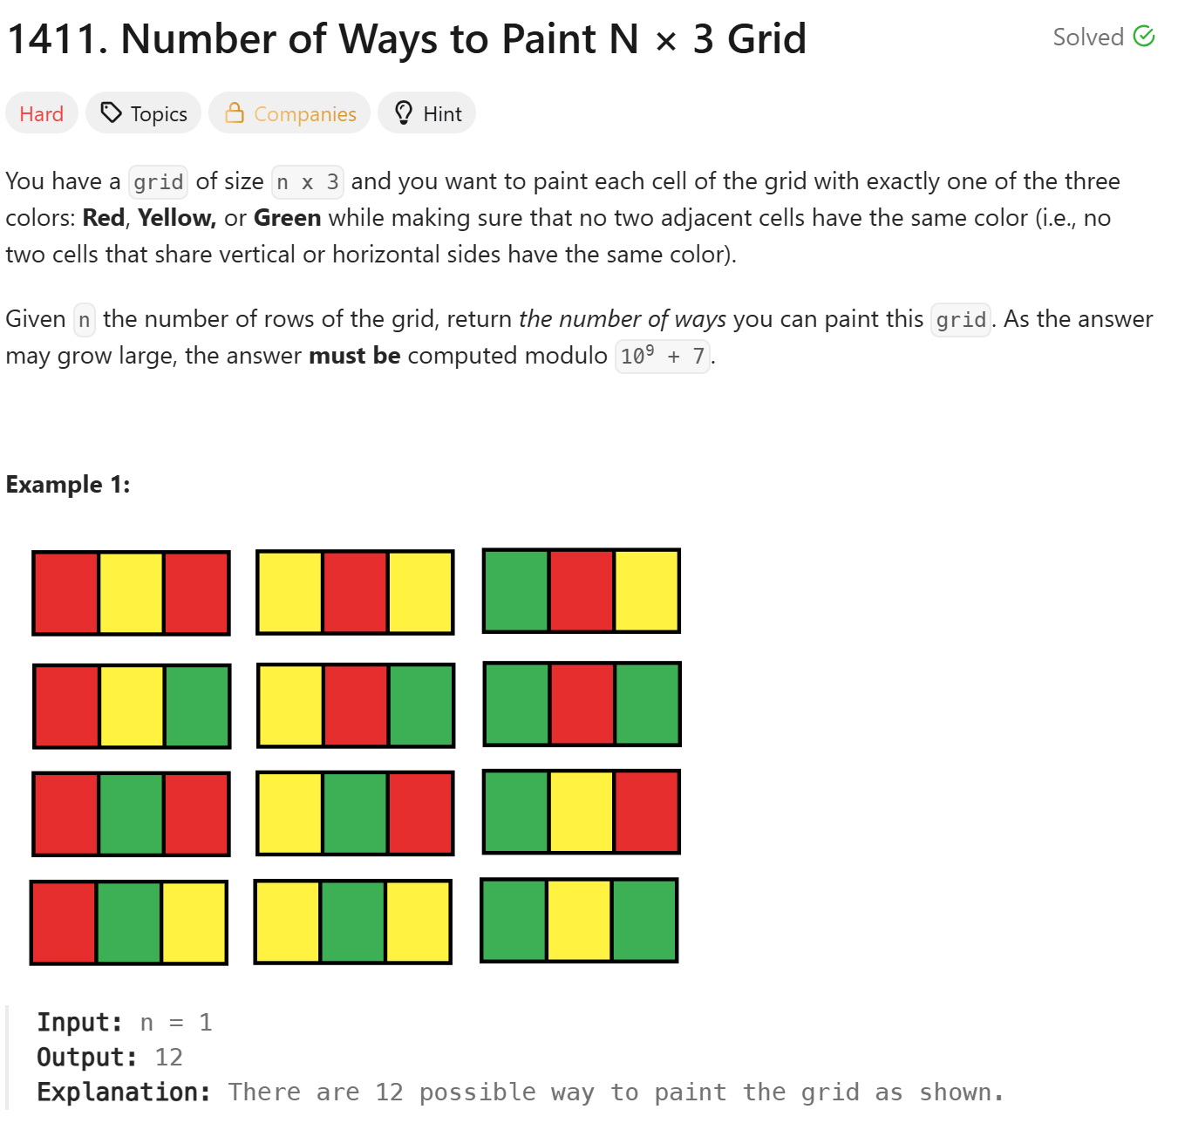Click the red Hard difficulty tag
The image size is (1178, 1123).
coord(41,113)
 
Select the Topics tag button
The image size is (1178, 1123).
coord(143,113)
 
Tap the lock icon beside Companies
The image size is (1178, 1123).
coord(235,112)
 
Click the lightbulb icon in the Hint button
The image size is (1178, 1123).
coord(404,112)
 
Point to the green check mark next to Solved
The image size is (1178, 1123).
coord(1144,36)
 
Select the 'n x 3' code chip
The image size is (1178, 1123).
coord(308,181)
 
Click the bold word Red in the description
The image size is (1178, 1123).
coord(104,217)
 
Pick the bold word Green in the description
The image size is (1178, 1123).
coord(288,217)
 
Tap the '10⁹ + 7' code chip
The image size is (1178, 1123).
coord(663,356)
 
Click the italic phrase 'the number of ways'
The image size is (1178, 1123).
coord(623,319)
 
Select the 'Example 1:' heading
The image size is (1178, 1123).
coord(68,484)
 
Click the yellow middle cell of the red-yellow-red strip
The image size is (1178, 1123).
coord(131,593)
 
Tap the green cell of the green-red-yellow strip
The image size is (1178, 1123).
coord(516,590)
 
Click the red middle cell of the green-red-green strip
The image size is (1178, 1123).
coord(582,704)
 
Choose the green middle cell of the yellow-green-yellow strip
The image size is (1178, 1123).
coord(353,922)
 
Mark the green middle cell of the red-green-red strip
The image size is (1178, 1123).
coord(131,813)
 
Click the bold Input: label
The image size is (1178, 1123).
coord(79,1023)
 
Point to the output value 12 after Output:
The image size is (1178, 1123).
coord(168,1057)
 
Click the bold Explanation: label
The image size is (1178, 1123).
coord(124,1092)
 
